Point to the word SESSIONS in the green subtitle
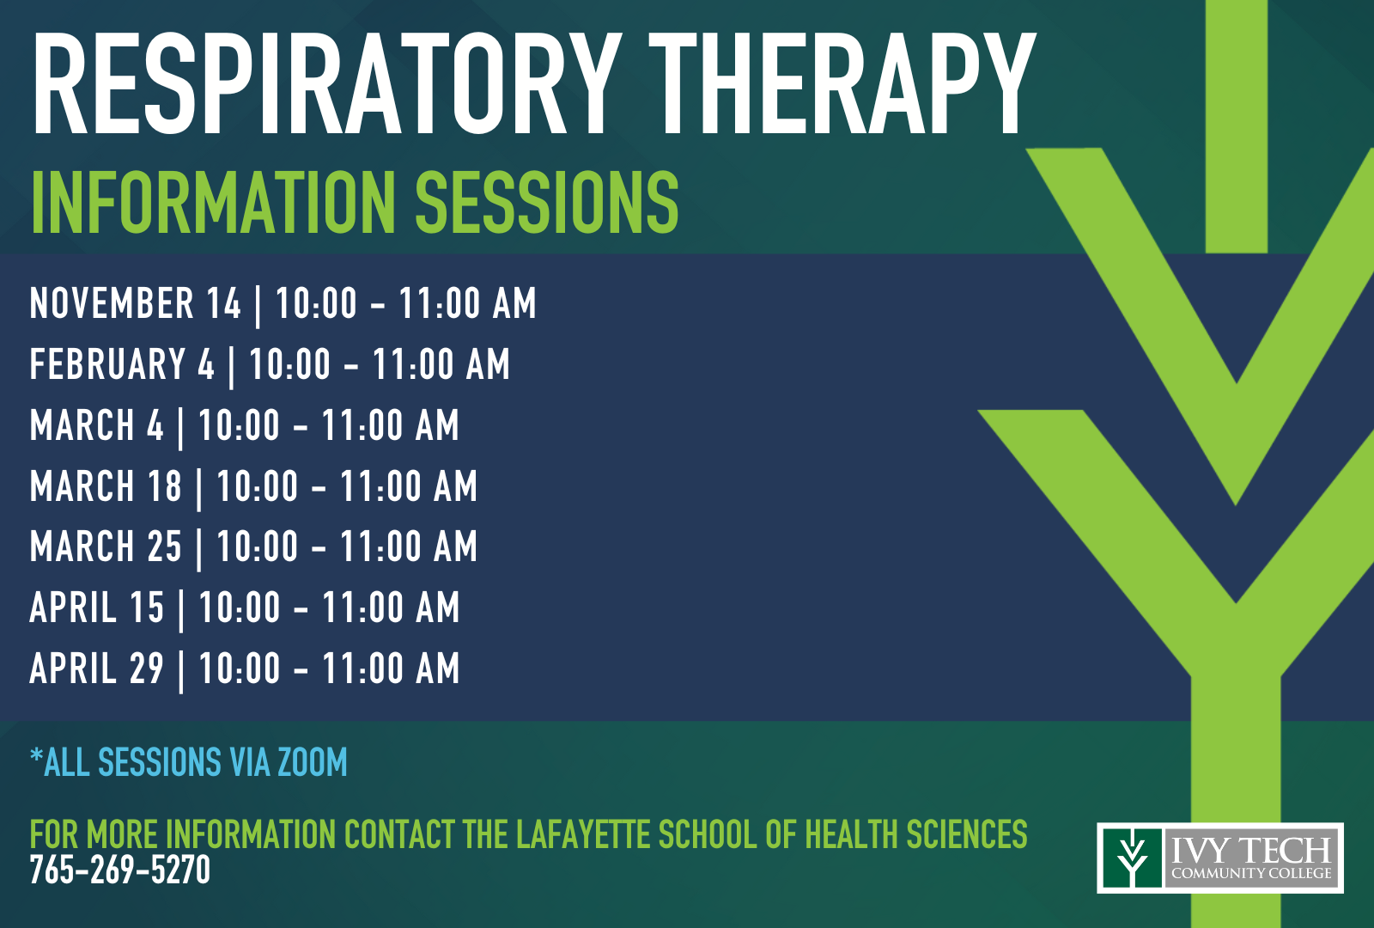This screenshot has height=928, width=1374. pos(547,203)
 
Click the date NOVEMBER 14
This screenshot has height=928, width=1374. pos(136,303)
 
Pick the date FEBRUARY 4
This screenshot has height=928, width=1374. pos(122,364)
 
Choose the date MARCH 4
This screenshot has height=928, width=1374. pos(97,424)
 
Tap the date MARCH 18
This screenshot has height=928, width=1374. pos(106,485)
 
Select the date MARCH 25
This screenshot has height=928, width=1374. pos(106,546)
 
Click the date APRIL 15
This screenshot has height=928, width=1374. pos(97,607)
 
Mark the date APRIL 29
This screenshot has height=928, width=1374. pos(97,668)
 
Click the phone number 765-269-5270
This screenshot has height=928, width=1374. pos(120,870)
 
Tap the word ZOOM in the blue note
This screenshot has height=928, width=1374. pos(313,762)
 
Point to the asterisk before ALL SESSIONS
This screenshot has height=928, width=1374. pos(36,756)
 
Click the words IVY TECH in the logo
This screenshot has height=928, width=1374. pos(1251,850)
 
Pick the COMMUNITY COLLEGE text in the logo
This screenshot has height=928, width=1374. pos(1251,873)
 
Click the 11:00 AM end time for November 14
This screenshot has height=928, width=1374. pos(468,303)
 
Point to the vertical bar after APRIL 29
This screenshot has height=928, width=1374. pos(181,671)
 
